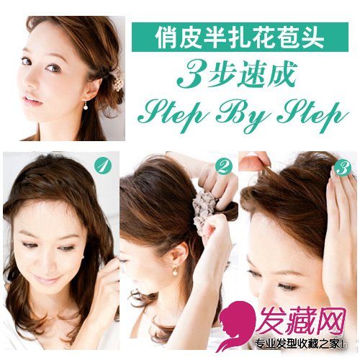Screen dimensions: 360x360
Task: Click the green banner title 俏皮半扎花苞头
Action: (240, 37)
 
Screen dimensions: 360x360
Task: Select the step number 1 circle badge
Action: (103, 166)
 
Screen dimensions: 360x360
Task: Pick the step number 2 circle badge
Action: (224, 166)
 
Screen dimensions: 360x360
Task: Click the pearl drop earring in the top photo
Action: (86, 105)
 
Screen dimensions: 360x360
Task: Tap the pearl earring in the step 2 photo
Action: (176, 271)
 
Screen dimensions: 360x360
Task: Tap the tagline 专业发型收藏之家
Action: (297, 344)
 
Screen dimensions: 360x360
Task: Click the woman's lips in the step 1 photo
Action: (47, 279)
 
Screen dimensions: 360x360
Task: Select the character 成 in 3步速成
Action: (283, 74)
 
